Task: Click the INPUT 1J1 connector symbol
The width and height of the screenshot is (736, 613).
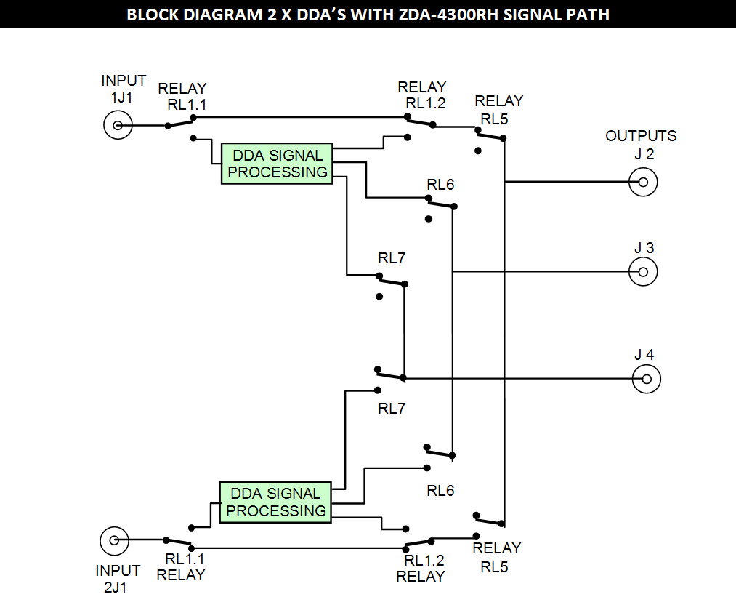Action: coord(117,125)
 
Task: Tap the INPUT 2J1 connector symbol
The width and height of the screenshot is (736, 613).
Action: coord(113,540)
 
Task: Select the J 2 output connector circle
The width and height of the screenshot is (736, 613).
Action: coord(642,182)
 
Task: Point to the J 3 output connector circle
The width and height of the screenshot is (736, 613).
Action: coord(642,272)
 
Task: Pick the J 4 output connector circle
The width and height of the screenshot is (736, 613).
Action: coord(647,379)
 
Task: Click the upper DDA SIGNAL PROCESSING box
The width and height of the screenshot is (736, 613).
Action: coord(277,164)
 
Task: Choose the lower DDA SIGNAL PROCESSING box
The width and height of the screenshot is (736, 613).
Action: coord(275,502)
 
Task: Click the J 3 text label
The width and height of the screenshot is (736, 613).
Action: coord(644,248)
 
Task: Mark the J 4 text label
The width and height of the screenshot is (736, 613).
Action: coord(644,355)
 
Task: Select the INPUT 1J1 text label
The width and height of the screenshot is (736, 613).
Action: coord(124,87)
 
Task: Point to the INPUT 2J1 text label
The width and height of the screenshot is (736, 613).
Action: coord(118,579)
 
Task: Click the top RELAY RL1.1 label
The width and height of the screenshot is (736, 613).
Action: coord(183,96)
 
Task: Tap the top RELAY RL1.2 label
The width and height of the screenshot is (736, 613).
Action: coord(422,95)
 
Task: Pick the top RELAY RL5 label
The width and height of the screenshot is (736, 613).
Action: coord(498,109)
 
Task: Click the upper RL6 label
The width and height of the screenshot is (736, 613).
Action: coord(440,185)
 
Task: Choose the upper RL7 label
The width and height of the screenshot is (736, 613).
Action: coord(392,257)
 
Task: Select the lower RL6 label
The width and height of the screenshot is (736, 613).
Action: coord(440,491)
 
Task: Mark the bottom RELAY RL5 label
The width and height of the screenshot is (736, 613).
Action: coord(497,557)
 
